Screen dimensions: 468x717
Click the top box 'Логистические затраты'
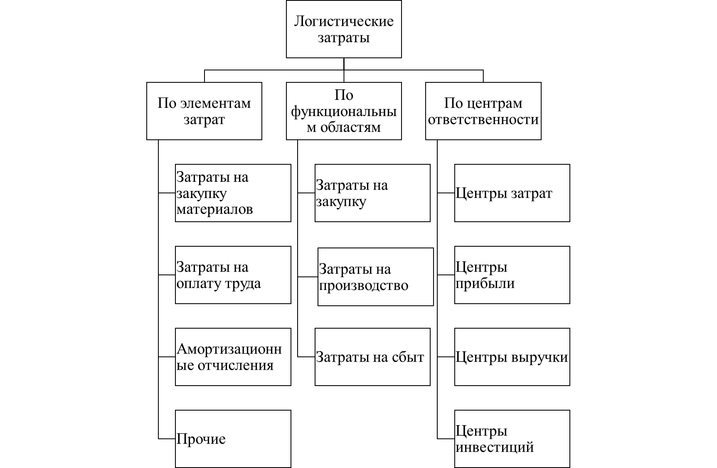(x=344, y=29)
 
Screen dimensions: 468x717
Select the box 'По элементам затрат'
(x=204, y=111)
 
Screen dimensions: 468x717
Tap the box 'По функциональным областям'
(x=344, y=111)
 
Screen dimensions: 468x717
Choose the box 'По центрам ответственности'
(x=483, y=111)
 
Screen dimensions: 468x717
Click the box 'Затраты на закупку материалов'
(x=233, y=193)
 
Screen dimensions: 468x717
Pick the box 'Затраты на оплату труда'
(x=233, y=275)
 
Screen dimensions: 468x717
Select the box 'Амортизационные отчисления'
(x=233, y=357)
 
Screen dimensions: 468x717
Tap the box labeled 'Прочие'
(x=233, y=439)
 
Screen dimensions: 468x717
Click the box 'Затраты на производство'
(x=375, y=277)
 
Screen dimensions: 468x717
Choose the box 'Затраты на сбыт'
(x=372, y=357)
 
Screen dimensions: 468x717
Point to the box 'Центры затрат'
(x=512, y=193)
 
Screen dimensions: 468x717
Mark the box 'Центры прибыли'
(x=512, y=275)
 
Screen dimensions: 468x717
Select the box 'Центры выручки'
(x=512, y=357)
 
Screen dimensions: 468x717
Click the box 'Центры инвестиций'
(x=512, y=439)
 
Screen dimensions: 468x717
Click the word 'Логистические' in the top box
(x=344, y=21)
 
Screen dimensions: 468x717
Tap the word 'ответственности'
(x=483, y=119)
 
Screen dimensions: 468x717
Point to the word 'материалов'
(x=214, y=209)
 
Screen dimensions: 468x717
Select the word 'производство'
(x=363, y=286)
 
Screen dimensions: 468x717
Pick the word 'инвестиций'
(x=495, y=447)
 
